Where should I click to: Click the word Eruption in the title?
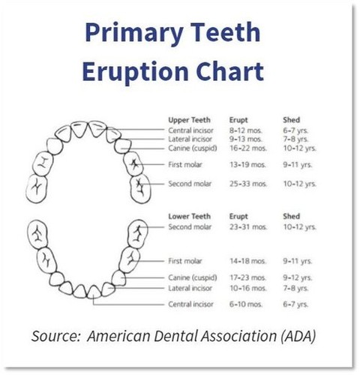click(x=135, y=72)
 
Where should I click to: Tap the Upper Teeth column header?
click(x=189, y=120)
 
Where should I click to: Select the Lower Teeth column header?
click(x=189, y=216)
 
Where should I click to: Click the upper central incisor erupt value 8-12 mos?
click(x=245, y=130)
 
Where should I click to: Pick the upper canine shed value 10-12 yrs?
click(x=299, y=148)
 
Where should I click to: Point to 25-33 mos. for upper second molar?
click(x=248, y=184)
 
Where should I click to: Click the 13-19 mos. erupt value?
click(x=247, y=165)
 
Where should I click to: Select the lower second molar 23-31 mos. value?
click(x=248, y=227)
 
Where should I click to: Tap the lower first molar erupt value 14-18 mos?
click(x=247, y=261)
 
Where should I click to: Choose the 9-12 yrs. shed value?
click(x=298, y=277)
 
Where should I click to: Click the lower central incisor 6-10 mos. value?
click(x=246, y=304)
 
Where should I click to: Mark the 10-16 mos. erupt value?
click(x=248, y=288)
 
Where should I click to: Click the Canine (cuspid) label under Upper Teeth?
click(x=193, y=148)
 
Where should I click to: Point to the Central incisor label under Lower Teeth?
click(x=190, y=304)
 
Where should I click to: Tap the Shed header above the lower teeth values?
click(x=291, y=216)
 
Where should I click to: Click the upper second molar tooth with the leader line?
click(x=140, y=189)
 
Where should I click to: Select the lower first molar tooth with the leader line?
click(x=130, y=260)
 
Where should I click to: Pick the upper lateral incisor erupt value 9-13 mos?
click(x=245, y=139)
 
